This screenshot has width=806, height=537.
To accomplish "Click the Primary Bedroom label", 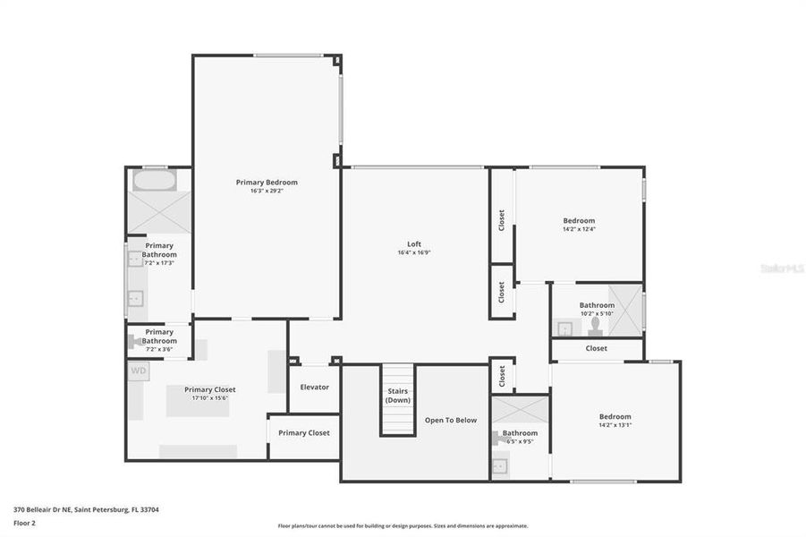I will (267, 183).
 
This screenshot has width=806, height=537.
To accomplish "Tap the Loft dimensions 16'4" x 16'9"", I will (414, 253).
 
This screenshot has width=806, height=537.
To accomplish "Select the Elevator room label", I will (314, 388).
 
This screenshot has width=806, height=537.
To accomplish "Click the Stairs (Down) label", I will (398, 396).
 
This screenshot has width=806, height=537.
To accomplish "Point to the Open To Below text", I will (451, 420).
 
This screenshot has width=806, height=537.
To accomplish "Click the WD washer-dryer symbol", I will (139, 371).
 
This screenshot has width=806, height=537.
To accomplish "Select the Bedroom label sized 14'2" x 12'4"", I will (579, 221).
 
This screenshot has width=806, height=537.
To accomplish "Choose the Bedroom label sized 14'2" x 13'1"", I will (615, 417).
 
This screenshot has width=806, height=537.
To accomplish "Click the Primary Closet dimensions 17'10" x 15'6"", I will (210, 398).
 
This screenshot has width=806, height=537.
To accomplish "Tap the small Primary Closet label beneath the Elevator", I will (304, 433).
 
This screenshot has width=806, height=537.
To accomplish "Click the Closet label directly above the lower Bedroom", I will (596, 348).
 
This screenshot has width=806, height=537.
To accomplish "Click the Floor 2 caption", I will (25, 522).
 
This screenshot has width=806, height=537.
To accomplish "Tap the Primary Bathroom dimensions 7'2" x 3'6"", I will (159, 349).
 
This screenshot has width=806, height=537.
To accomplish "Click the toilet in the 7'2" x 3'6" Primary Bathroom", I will (136, 341).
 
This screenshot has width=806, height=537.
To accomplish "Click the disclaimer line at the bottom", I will (403, 526).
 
